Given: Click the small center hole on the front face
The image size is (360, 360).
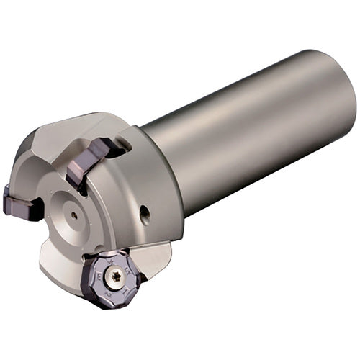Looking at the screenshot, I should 75,213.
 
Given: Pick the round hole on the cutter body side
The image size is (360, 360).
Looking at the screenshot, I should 145,212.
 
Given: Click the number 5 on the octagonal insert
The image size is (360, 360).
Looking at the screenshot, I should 129,268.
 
